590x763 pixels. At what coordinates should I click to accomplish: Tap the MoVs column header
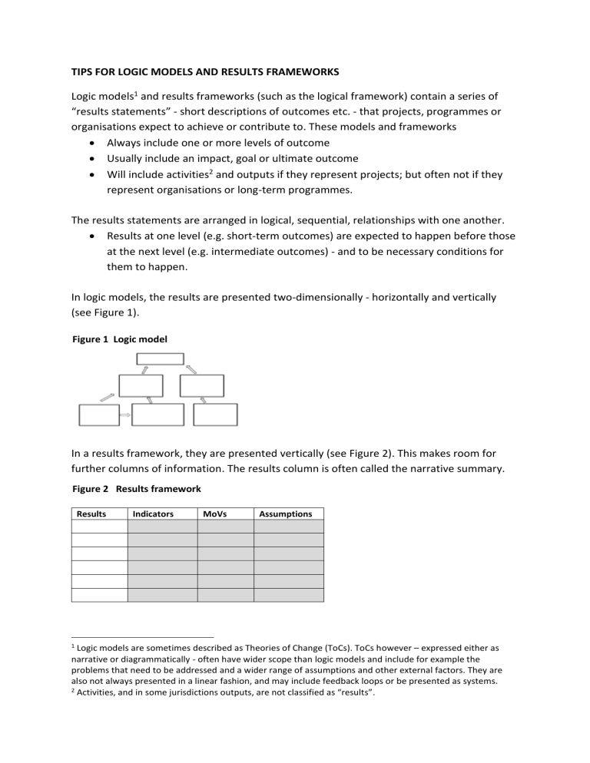tap(214, 514)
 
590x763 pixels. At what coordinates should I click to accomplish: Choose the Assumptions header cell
tap(287, 514)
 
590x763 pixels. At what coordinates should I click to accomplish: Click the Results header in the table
tap(91, 514)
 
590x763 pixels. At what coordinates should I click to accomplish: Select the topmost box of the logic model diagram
tap(160, 358)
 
